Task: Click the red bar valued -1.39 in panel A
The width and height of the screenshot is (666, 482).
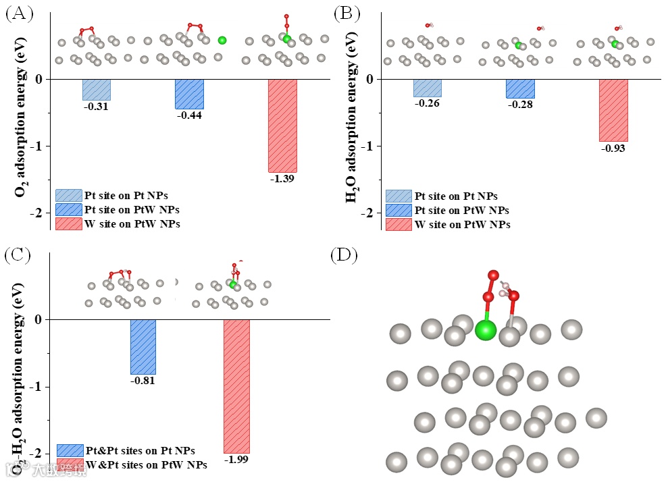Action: (282, 126)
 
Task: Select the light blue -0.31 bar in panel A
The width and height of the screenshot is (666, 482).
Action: (97, 90)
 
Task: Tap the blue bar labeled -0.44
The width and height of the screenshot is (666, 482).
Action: (189, 94)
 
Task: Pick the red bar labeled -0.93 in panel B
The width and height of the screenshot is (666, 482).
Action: (613, 110)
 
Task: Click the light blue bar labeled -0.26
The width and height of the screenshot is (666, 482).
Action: (427, 88)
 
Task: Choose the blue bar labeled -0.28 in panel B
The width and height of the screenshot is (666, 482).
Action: (520, 88)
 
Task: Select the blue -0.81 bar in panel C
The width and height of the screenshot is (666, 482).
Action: (143, 346)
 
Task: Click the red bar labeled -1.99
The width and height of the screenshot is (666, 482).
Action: (236, 386)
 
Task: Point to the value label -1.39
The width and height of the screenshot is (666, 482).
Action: (282, 179)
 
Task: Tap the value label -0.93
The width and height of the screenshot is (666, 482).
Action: (613, 147)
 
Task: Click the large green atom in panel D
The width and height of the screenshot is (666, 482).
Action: (486, 330)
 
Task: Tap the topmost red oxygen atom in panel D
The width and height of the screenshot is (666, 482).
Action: (493, 275)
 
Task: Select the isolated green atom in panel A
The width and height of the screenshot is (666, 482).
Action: (222, 41)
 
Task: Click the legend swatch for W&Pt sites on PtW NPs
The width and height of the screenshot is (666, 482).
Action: (70, 464)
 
